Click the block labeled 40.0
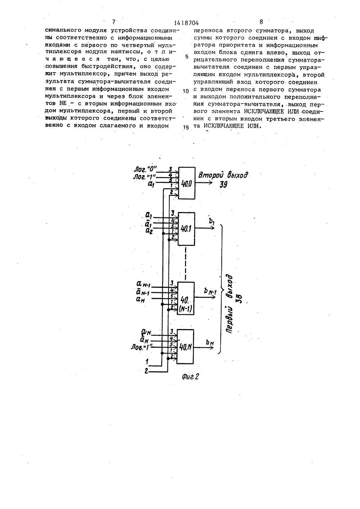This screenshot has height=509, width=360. click(x=186, y=183)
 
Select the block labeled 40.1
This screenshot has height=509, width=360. click(x=186, y=229)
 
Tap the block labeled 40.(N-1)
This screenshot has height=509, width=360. click(x=186, y=298)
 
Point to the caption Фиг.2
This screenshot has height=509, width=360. click(x=190, y=377)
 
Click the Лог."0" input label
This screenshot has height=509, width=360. click(x=145, y=169)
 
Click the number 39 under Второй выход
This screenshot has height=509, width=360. click(x=224, y=185)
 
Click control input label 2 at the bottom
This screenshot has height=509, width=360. click(x=147, y=371)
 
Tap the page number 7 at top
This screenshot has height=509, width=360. click(x=114, y=22)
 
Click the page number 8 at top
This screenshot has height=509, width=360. click(x=261, y=22)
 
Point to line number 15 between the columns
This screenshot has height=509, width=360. click(x=186, y=127)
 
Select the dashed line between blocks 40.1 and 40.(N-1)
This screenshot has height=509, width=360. click(x=186, y=264)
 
